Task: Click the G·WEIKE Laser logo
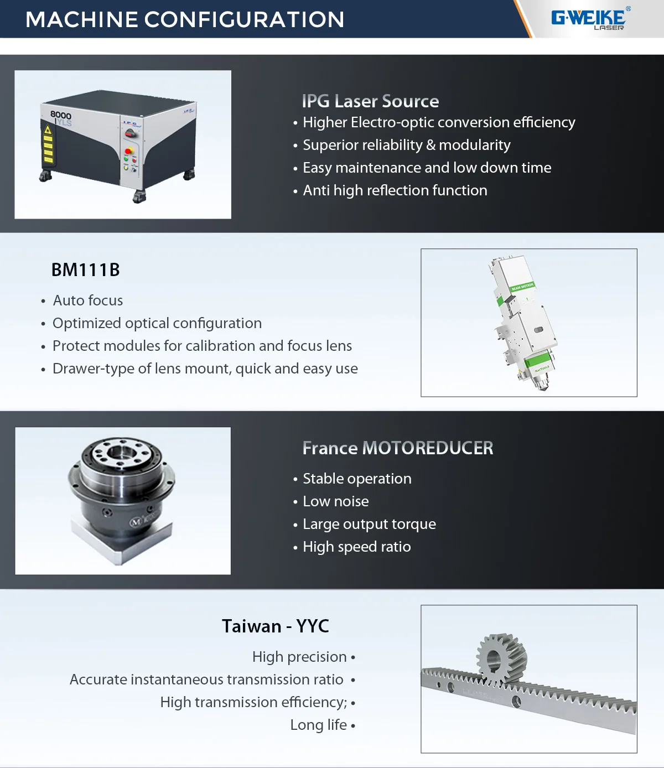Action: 590,19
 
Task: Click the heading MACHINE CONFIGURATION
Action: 185,20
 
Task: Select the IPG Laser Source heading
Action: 370,101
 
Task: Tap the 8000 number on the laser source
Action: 61,115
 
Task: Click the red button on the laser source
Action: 129,151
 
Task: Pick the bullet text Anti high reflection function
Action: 395,190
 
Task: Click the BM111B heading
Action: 86,270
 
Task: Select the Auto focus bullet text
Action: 87,300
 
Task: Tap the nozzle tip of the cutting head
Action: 544,387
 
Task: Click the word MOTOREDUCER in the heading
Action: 427,448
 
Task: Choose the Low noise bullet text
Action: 335,501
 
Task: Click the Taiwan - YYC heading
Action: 275,626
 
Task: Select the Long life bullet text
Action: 319,725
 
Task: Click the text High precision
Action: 299,657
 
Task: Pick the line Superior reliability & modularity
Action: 406,145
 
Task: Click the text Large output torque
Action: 369,524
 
